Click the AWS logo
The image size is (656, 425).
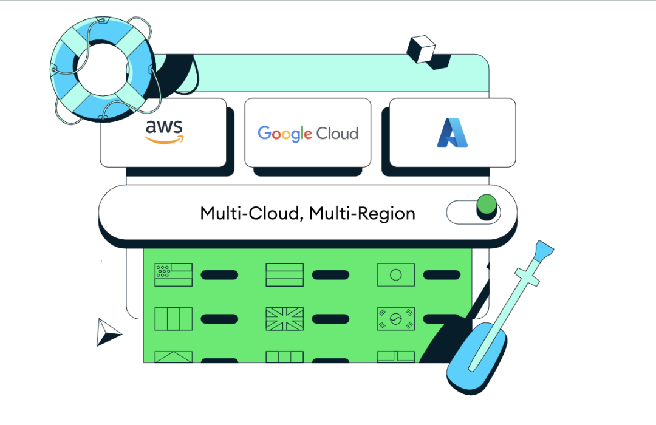click(164, 131)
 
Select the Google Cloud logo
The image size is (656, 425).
click(308, 134)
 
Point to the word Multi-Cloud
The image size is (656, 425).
click(251, 214)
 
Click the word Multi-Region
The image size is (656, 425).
click(363, 214)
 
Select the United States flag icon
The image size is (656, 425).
click(174, 274)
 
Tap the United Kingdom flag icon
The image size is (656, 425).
click(284, 319)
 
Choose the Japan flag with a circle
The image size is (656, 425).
click(395, 274)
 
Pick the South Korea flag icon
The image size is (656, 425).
click(395, 319)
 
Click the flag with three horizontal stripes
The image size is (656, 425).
click(284, 274)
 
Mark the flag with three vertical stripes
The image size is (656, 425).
click(174, 319)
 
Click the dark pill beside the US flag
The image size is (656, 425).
click(219, 275)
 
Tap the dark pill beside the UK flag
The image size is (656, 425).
click(330, 319)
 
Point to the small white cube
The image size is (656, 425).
click(421, 49)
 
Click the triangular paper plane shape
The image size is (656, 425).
click(107, 333)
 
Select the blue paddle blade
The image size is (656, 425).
click(477, 358)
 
